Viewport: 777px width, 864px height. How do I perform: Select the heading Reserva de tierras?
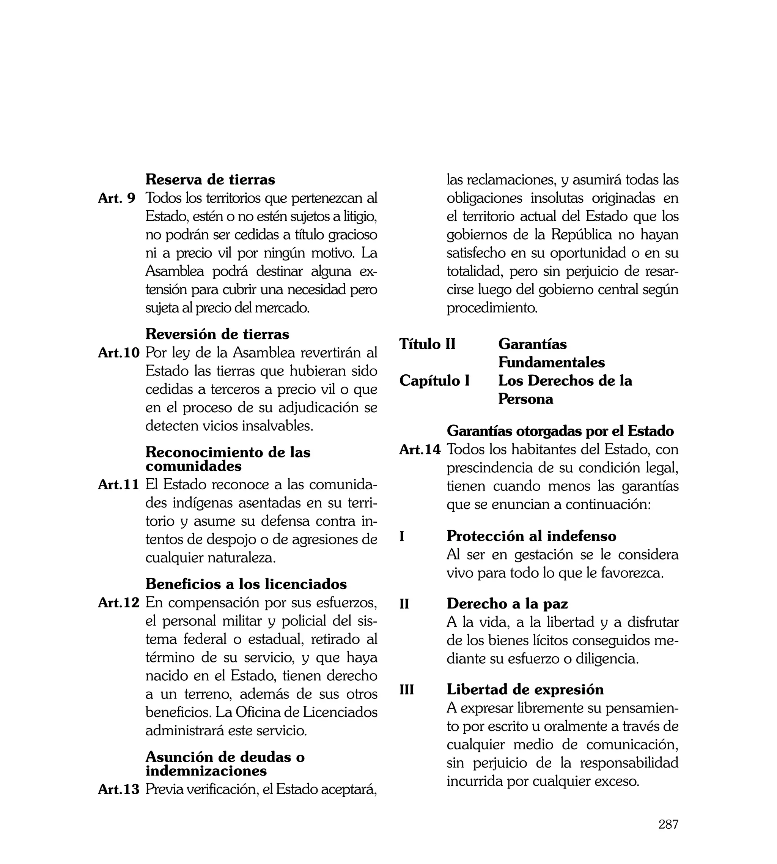[x=210, y=180]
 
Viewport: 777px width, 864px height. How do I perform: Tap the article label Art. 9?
[x=116, y=198]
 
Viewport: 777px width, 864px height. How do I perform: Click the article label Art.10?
[x=119, y=353]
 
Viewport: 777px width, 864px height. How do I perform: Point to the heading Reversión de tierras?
[x=217, y=334]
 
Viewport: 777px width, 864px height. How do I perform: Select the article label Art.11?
[x=119, y=485]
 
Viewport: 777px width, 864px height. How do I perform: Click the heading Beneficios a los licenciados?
[x=246, y=584]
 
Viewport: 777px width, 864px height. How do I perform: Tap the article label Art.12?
[x=119, y=602]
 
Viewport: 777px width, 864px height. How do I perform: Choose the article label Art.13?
[x=119, y=789]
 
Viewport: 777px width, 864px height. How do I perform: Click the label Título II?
[x=427, y=344]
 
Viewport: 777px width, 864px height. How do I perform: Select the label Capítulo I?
[x=434, y=380]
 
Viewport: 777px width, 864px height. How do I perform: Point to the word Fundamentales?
[x=551, y=362]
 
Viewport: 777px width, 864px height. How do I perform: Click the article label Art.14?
[x=420, y=449]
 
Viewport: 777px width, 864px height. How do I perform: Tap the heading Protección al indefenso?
[x=531, y=536]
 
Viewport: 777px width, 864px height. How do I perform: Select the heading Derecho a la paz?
[x=507, y=604]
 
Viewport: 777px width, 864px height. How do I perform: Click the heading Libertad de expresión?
[x=525, y=689]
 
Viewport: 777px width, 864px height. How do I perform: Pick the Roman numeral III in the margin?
[x=406, y=690]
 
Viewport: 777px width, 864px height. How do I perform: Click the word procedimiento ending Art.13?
[x=492, y=308]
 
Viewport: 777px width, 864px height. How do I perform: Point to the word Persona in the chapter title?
[x=525, y=399]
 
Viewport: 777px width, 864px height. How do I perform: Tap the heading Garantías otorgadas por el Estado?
[x=560, y=431]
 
